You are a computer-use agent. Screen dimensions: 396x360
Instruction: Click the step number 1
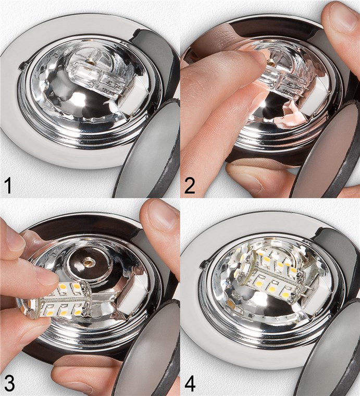pos(9,184)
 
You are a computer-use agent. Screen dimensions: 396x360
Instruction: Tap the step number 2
pos(190,184)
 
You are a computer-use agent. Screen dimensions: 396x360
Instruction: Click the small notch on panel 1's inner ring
pos(22,65)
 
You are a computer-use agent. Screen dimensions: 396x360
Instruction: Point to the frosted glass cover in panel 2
pos(326,151)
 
